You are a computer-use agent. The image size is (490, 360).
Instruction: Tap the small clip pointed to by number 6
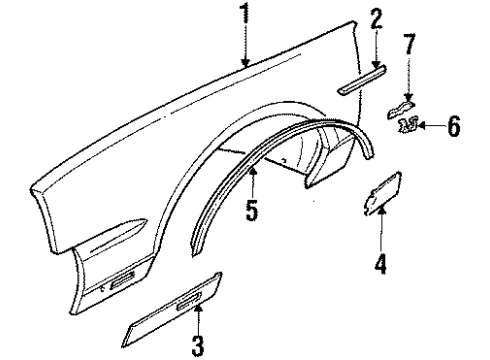(408, 124)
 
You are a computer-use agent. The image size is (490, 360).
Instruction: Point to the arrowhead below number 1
(243, 64)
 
